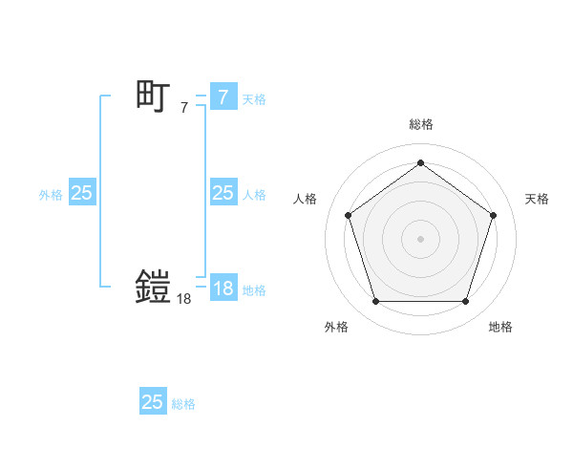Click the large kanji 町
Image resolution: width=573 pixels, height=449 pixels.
pos(153,96)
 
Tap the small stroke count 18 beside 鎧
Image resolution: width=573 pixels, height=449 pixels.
pos(184,300)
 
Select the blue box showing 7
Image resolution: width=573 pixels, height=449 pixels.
pos(223,96)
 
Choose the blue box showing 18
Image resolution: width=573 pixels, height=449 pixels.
pos(223,288)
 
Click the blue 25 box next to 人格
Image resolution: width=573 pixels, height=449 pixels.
pos(223,193)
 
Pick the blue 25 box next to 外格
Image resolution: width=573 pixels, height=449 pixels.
pos(82,193)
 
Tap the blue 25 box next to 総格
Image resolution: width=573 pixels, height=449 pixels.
pos(153,402)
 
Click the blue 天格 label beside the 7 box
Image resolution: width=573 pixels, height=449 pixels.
pos(254,98)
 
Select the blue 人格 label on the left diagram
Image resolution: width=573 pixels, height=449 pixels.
pos(254,195)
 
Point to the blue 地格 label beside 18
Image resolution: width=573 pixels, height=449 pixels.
pos(254,290)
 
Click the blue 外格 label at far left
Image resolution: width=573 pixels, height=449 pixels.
pos(51,195)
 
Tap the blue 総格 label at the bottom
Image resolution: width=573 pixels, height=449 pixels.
pos(184,404)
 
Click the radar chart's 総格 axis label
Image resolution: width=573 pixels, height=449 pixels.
pos(421,124)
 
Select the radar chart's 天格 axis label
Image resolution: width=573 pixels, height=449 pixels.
pos(537,199)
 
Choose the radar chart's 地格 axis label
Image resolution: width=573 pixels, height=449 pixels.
pos(500,327)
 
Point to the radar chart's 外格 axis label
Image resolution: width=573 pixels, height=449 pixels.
pos(336,327)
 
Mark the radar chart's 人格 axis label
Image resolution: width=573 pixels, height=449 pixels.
pos(306,199)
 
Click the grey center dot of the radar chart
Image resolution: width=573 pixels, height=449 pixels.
pos(420,238)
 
